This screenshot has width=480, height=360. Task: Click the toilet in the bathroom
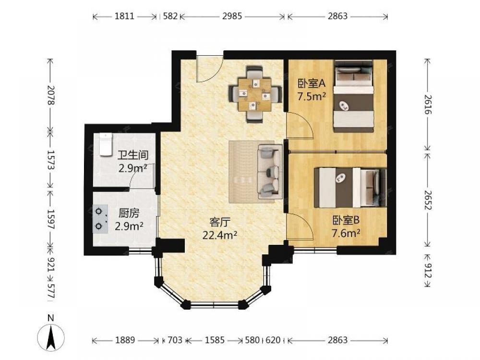[106, 144]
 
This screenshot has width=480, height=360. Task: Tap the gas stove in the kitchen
[101, 219]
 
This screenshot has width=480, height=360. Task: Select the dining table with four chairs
[255, 94]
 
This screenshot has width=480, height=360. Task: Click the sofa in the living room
[270, 172]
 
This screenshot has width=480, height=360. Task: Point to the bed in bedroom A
[354, 96]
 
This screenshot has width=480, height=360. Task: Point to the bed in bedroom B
[350, 187]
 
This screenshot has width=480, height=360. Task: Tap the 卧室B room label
[346, 220]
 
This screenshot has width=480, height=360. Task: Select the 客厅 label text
[219, 222]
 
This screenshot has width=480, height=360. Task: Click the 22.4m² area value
[219, 235]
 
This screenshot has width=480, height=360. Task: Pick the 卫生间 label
[133, 155]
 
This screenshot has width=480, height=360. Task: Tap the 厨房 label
[129, 213]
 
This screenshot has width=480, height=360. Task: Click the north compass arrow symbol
[51, 337]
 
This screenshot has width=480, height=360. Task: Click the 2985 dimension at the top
[232, 16]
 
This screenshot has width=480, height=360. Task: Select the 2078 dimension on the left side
[51, 95]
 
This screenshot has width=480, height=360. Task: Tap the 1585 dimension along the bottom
[215, 340]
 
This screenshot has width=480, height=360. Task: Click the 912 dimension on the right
[428, 271]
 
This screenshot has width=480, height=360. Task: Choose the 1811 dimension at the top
[124, 16]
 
